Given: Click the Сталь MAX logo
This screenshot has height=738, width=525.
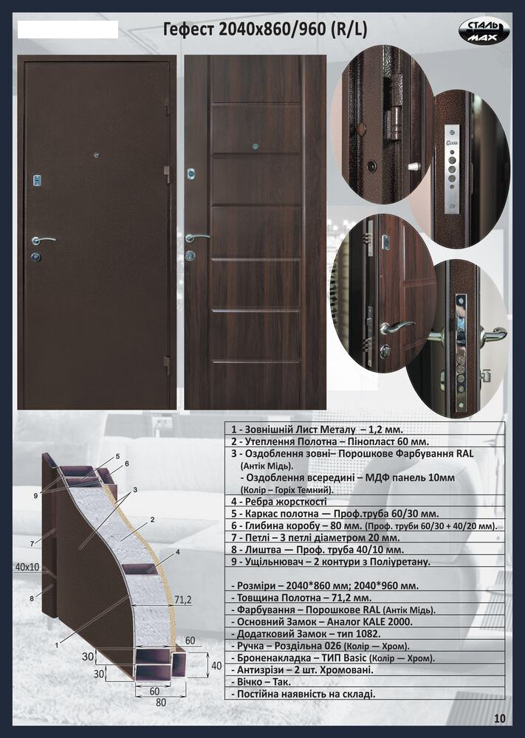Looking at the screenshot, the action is pos(484,31).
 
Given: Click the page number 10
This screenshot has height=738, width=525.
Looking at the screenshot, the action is pos(500,718).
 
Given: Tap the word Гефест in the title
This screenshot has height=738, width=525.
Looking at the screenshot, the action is pos(188,30).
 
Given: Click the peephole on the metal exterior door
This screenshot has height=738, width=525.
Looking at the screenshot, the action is pos(97,155).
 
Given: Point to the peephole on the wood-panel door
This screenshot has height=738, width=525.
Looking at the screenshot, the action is pos(255,146).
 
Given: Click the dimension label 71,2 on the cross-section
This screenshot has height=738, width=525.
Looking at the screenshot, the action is pos(182,599).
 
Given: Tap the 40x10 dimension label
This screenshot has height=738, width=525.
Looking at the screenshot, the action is pos(27,567).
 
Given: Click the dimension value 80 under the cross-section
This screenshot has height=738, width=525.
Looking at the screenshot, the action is pos(160,703).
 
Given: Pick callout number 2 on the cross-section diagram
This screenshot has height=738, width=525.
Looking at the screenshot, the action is pos(152,520).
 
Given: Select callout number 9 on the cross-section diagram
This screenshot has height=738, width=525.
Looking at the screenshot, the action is pos(35,495).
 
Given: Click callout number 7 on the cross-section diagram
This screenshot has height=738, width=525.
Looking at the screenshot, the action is pos(32,544).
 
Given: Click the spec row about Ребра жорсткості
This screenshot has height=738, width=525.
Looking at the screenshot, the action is pos(278,501).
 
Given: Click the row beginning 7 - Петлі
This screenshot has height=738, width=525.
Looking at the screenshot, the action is pos(315,537).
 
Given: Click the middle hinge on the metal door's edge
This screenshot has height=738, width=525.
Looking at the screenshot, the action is pos(167,173).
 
